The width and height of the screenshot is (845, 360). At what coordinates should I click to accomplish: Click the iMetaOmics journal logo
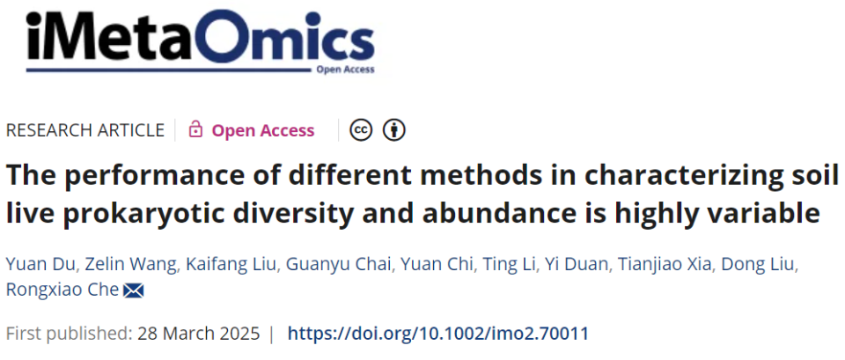point(200,41)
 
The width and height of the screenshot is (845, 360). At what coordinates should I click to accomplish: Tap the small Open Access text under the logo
point(345,70)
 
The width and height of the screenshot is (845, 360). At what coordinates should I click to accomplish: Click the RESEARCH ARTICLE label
point(85,130)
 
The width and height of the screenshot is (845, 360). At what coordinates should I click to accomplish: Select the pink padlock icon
point(195,130)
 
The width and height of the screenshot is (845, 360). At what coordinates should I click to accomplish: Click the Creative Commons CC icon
point(361,130)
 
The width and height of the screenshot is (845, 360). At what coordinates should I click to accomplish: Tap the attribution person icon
point(394,130)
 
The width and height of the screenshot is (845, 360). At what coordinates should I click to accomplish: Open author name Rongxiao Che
point(62,290)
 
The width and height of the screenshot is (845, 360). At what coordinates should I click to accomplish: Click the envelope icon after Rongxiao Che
point(133,291)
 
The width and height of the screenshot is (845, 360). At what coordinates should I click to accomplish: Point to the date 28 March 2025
point(198,334)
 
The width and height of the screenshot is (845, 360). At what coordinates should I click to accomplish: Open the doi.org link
point(437,334)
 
